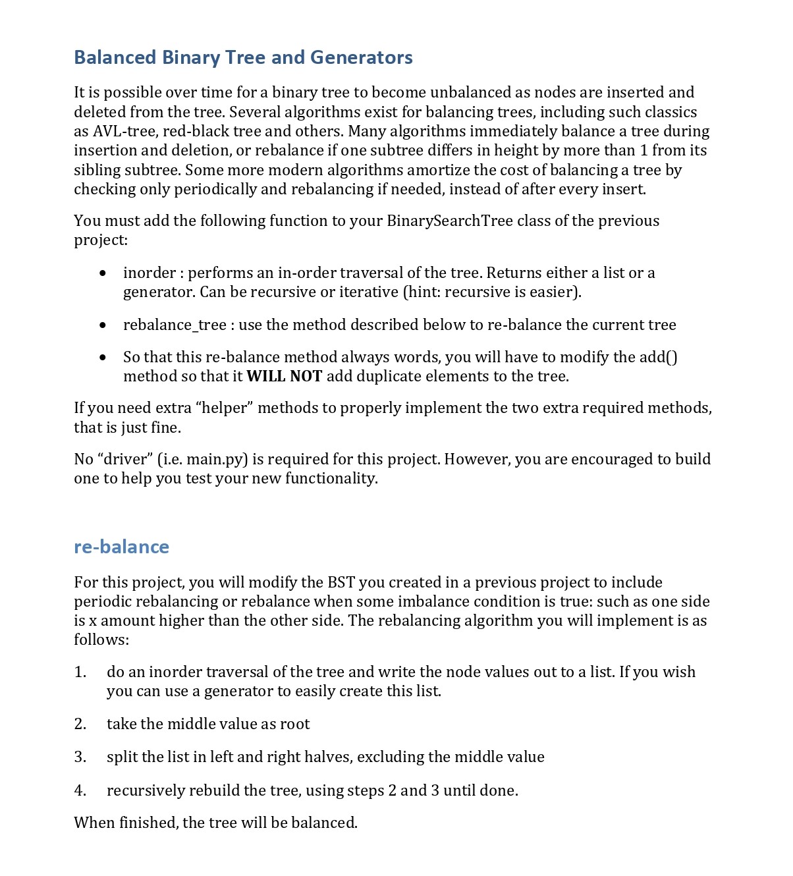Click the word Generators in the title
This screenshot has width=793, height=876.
(361, 57)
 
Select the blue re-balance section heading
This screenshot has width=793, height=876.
(121, 547)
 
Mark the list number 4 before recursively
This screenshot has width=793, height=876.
(80, 790)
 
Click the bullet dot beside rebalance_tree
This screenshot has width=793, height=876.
(103, 325)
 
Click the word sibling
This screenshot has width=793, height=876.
(97, 170)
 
